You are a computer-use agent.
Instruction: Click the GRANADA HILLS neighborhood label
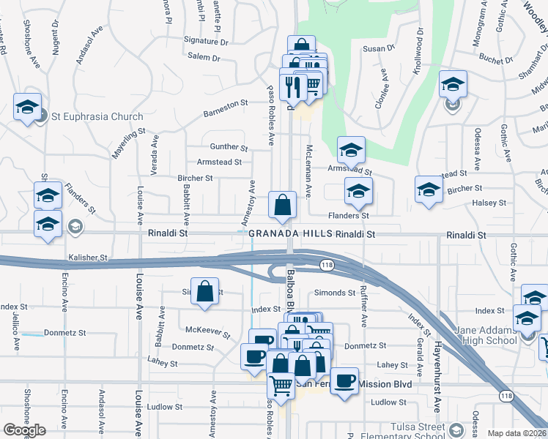[x=290, y=234]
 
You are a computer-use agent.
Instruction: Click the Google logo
[x=24, y=430]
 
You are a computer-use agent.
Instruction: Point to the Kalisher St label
[x=88, y=258]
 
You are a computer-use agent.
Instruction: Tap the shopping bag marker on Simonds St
[x=206, y=292]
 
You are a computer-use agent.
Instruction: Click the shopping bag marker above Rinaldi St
[x=282, y=206]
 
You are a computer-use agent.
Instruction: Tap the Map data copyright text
[x=517, y=433]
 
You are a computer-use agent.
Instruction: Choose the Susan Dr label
[x=379, y=49]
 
